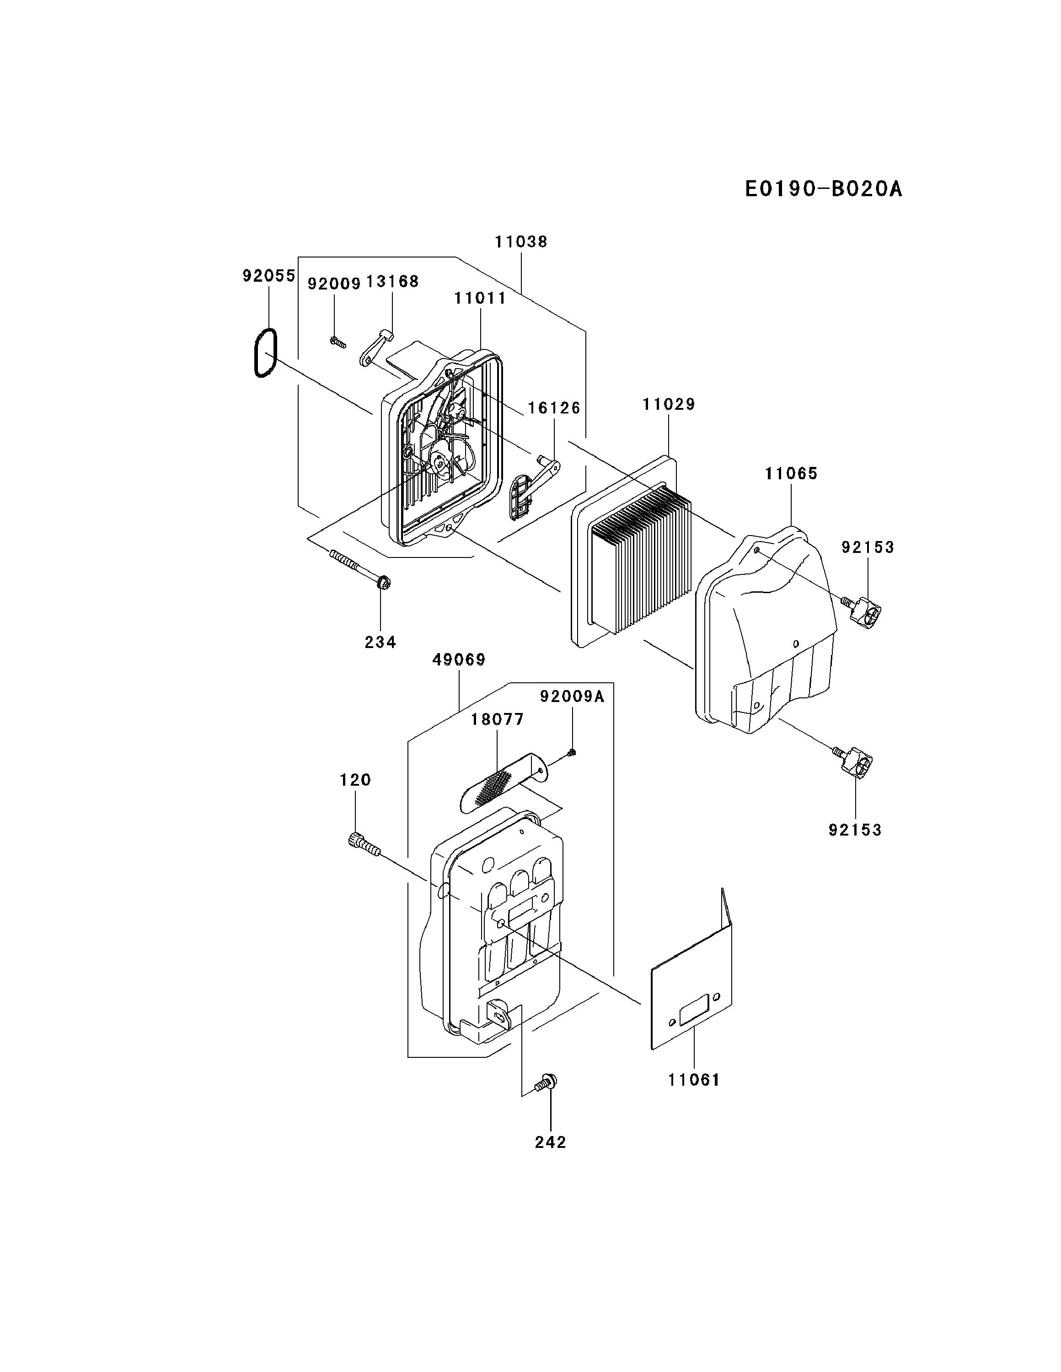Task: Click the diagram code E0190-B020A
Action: click(823, 188)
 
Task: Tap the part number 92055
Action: click(269, 276)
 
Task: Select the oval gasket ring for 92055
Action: click(264, 354)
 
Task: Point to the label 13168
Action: click(392, 281)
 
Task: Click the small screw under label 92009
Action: click(338, 342)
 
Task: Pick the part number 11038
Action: click(521, 242)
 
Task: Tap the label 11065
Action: click(791, 474)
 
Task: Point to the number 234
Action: click(380, 642)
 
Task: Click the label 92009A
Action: click(572, 696)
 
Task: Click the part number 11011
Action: click(481, 298)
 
